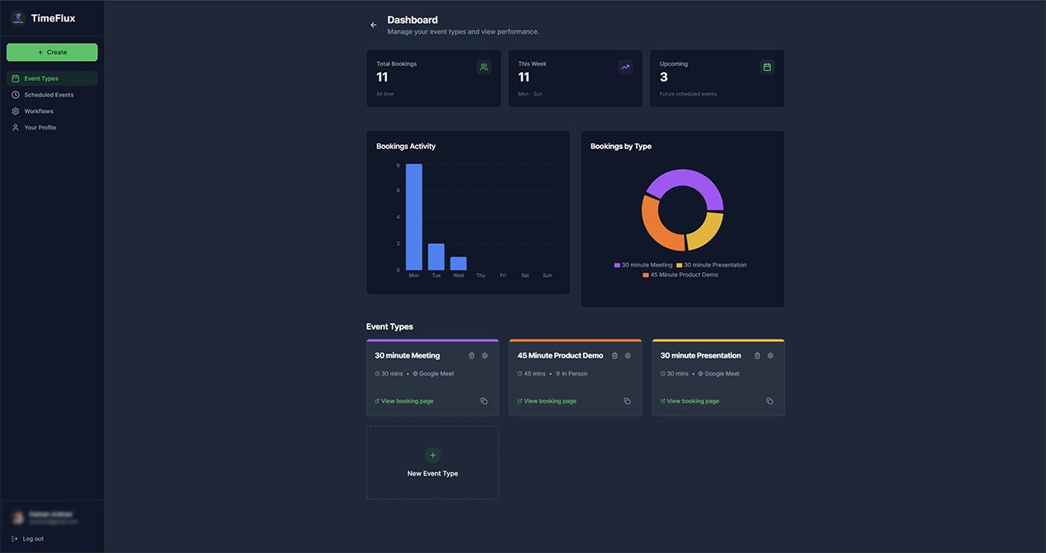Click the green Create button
[52, 52]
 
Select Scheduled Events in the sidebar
[49, 95]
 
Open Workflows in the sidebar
[39, 111]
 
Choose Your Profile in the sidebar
[40, 128]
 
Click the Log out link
[33, 539]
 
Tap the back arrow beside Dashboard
[373, 26]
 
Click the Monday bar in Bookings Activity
[413, 217]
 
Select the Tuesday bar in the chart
[436, 256]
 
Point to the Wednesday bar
[458, 264]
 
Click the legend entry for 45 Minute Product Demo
[684, 274]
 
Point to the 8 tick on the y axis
[398, 166]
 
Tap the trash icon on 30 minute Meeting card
[472, 356]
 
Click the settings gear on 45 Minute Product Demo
[628, 356]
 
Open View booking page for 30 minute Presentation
[693, 401]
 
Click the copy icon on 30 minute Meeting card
[483, 401]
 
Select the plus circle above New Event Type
[432, 455]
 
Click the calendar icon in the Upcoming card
[767, 68]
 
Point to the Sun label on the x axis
[547, 275]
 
